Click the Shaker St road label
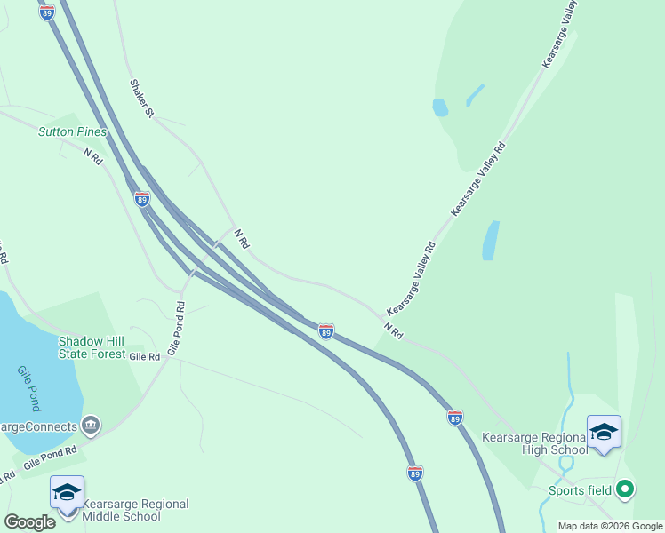pyautogui.click(x=142, y=99)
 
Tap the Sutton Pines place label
pyautogui.click(x=72, y=131)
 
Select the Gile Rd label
pyautogui.click(x=144, y=356)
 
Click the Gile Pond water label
pyautogui.click(x=28, y=388)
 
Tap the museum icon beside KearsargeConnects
pyautogui.click(x=90, y=426)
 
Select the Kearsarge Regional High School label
pyautogui.click(x=534, y=443)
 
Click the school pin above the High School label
pyautogui.click(x=604, y=433)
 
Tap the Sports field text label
pyautogui.click(x=580, y=490)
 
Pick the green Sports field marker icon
pyautogui.click(x=625, y=489)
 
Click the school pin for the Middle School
pyautogui.click(x=67, y=493)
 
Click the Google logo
pyautogui.click(x=29, y=522)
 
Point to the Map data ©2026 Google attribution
pyautogui.click(x=610, y=526)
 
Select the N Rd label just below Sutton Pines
pyautogui.click(x=93, y=155)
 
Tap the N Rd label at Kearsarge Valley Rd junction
pyautogui.click(x=394, y=331)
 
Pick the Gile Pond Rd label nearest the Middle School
pyautogui.click(x=50, y=458)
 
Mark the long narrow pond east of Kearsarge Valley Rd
pyautogui.click(x=490, y=241)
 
